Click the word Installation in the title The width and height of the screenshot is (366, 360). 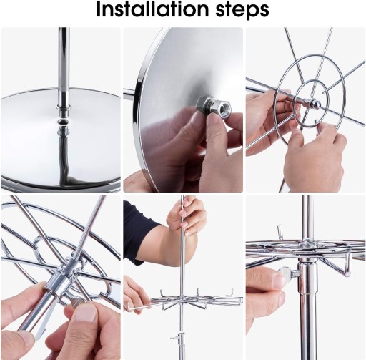tap(152, 9)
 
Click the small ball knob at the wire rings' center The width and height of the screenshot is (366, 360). tap(315, 103)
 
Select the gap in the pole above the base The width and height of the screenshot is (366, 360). tap(64, 122)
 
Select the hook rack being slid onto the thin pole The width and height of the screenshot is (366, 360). tap(184, 300)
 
